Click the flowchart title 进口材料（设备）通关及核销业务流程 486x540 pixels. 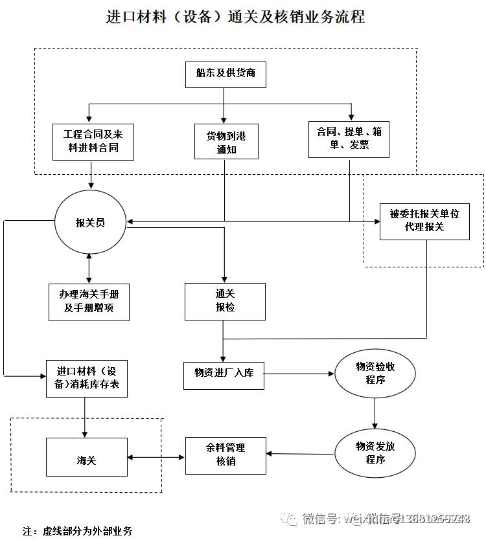235,17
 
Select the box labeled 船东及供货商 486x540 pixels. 226,73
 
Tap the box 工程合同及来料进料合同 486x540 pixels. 92,142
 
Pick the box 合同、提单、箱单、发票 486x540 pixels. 349,139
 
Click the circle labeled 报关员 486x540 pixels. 90,223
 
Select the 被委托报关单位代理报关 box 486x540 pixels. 424,221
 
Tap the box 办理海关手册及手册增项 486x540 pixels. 89,302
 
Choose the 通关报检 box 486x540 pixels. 225,301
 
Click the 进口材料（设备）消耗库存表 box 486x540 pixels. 86,378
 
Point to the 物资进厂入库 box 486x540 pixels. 224,374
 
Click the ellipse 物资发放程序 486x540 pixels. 375,453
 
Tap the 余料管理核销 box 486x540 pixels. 226,455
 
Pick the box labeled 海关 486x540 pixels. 86,458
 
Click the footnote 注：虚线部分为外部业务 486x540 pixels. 78,530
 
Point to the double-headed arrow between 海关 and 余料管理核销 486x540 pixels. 156,458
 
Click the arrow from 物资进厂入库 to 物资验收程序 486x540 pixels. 299,374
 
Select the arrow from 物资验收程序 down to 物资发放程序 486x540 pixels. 375,414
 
